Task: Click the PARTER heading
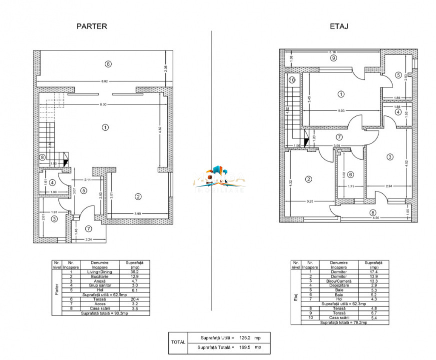click(x=91, y=26)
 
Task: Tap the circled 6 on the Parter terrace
click(x=107, y=63)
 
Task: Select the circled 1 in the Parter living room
click(x=105, y=127)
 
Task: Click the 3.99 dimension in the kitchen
click(x=137, y=214)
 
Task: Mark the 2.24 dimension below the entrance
click(x=88, y=239)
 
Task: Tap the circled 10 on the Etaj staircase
click(x=292, y=79)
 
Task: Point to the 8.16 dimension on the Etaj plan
click(x=332, y=51)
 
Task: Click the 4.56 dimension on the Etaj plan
click(x=373, y=218)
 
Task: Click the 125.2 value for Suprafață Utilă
click(x=245, y=337)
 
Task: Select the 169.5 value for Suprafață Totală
click(x=245, y=346)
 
